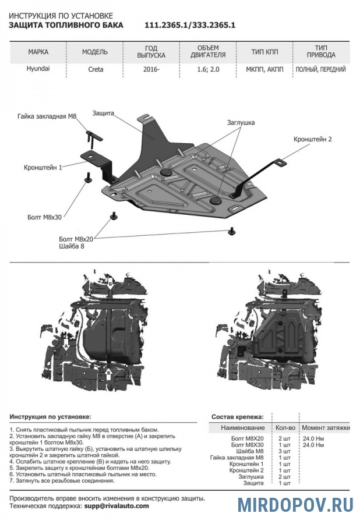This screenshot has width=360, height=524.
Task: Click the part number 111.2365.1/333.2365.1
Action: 189,26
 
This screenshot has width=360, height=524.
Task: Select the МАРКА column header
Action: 38,52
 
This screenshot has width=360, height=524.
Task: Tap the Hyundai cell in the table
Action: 38,69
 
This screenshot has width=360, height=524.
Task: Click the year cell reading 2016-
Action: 151,69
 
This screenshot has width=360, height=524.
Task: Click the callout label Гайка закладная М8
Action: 47,116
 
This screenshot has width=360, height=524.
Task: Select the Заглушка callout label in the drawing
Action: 241,123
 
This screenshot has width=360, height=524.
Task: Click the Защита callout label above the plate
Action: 103,113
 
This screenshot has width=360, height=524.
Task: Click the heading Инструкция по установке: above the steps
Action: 51,417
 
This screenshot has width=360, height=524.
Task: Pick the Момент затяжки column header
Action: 326,428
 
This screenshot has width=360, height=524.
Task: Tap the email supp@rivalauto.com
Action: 117,506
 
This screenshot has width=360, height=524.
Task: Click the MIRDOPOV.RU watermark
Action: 294,504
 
